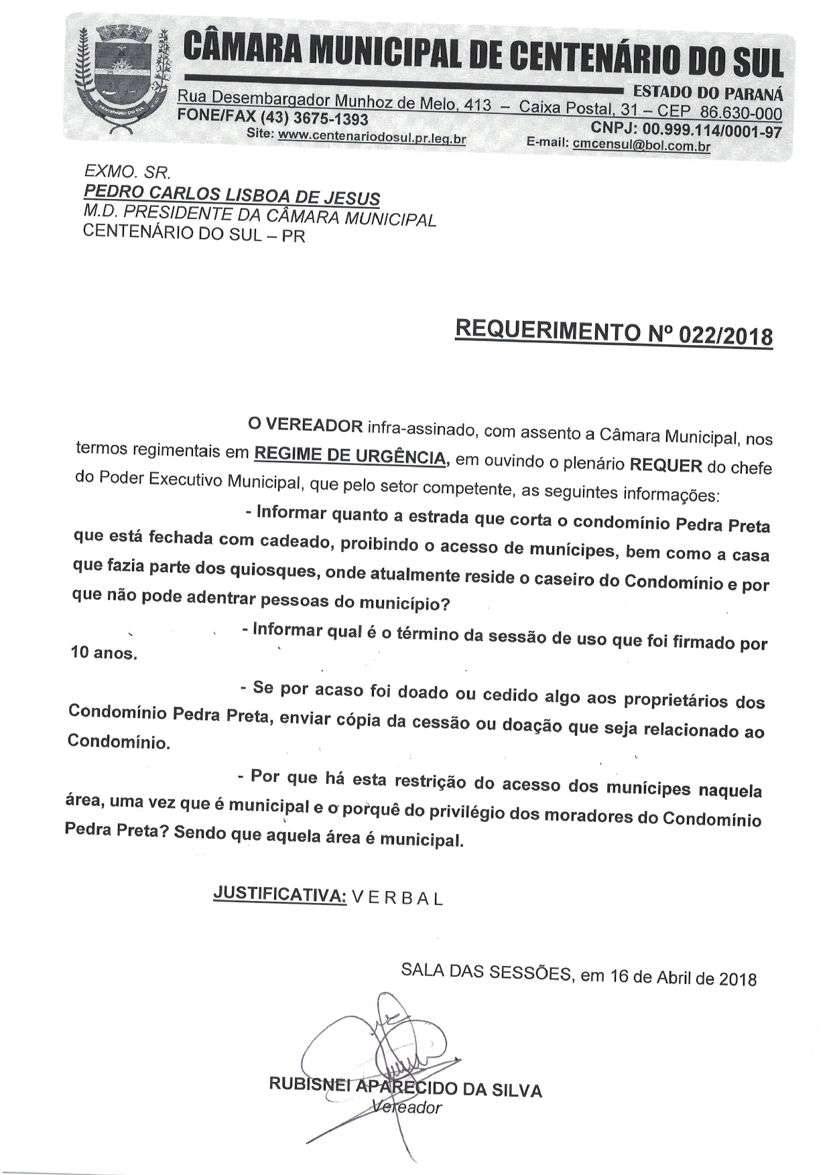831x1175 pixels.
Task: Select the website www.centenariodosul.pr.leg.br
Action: click(372, 139)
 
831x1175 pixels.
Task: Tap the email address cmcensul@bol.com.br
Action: click(641, 145)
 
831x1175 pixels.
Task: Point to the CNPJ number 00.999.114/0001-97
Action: click(712, 130)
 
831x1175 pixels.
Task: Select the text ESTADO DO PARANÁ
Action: click(708, 92)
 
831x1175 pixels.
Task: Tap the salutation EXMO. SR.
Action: click(128, 173)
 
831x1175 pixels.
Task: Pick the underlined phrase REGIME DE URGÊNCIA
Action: click(349, 456)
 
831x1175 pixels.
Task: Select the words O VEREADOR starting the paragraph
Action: click(305, 425)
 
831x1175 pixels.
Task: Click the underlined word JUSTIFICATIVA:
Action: click(279, 894)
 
